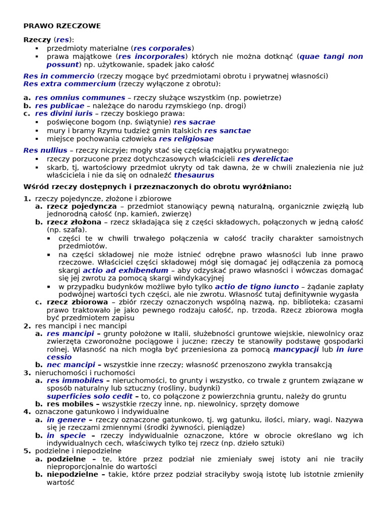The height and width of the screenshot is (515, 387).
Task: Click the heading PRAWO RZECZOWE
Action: (62, 26)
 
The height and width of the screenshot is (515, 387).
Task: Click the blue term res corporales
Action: (163, 48)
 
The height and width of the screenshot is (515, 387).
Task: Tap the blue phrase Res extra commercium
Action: (70, 84)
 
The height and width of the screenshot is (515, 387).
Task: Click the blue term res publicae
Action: (59, 106)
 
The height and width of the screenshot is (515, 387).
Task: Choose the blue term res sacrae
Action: (195, 122)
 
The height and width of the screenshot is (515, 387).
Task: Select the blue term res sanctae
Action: (227, 131)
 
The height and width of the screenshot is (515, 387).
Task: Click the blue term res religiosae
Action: (186, 139)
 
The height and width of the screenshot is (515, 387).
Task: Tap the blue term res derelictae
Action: (265, 159)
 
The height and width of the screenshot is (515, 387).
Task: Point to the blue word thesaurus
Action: (194, 176)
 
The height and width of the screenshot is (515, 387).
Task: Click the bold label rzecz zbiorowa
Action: (77, 302)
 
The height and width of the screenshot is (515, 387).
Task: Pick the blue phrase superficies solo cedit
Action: (90, 396)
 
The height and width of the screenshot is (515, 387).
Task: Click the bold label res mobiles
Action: (70, 404)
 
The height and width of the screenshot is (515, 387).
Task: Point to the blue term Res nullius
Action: (45, 150)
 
